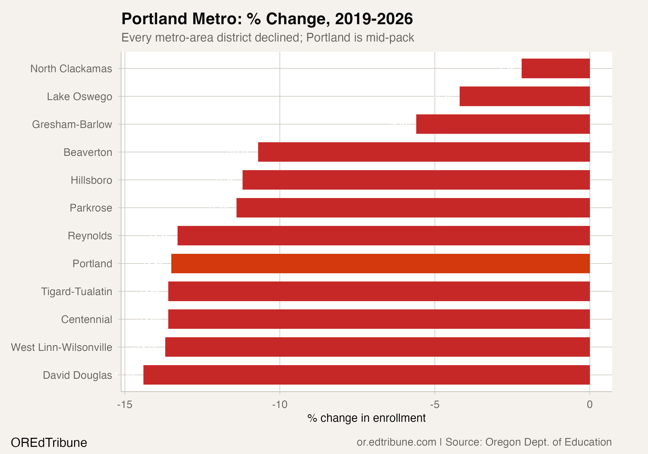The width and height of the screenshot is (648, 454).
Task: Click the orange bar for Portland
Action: [380, 264]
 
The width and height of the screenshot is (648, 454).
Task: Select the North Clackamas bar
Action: [555, 68]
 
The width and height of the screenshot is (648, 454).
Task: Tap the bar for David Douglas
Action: [366, 375]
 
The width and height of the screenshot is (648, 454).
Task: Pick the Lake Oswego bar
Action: [524, 96]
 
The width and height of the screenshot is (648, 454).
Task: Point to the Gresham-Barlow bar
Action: [503, 124]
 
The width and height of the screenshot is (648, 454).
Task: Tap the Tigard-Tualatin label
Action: [76, 292]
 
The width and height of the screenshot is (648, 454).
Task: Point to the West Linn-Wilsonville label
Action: [61, 347]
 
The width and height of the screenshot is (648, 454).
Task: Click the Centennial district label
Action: [86, 320]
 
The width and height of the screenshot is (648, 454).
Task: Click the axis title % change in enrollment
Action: [366, 418]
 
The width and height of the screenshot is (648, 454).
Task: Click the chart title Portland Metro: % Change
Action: [267, 19]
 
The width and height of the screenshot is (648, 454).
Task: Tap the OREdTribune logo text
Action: [49, 442]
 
